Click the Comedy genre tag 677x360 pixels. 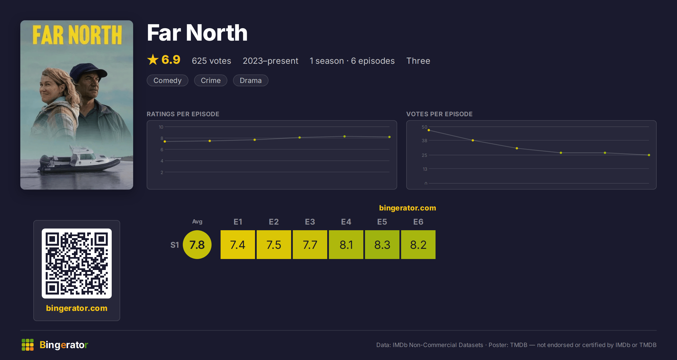(167, 80)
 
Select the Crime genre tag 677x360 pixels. (210, 80)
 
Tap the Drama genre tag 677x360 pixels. (250, 80)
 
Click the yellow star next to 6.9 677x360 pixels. (153, 60)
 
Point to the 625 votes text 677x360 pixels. (211, 61)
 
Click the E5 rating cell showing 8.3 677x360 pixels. (382, 245)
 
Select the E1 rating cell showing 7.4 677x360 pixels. (238, 245)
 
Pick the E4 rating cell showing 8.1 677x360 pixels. (346, 245)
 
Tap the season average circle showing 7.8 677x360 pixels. (197, 245)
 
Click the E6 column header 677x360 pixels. (418, 222)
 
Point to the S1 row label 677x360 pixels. (175, 245)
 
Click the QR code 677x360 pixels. (77, 264)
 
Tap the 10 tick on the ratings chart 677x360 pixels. (161, 127)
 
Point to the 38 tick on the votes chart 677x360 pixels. (425, 141)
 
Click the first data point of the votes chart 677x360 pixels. (429, 130)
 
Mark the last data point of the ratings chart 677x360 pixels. (390, 137)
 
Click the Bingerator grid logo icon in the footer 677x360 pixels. (28, 345)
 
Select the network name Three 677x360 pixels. (418, 61)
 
